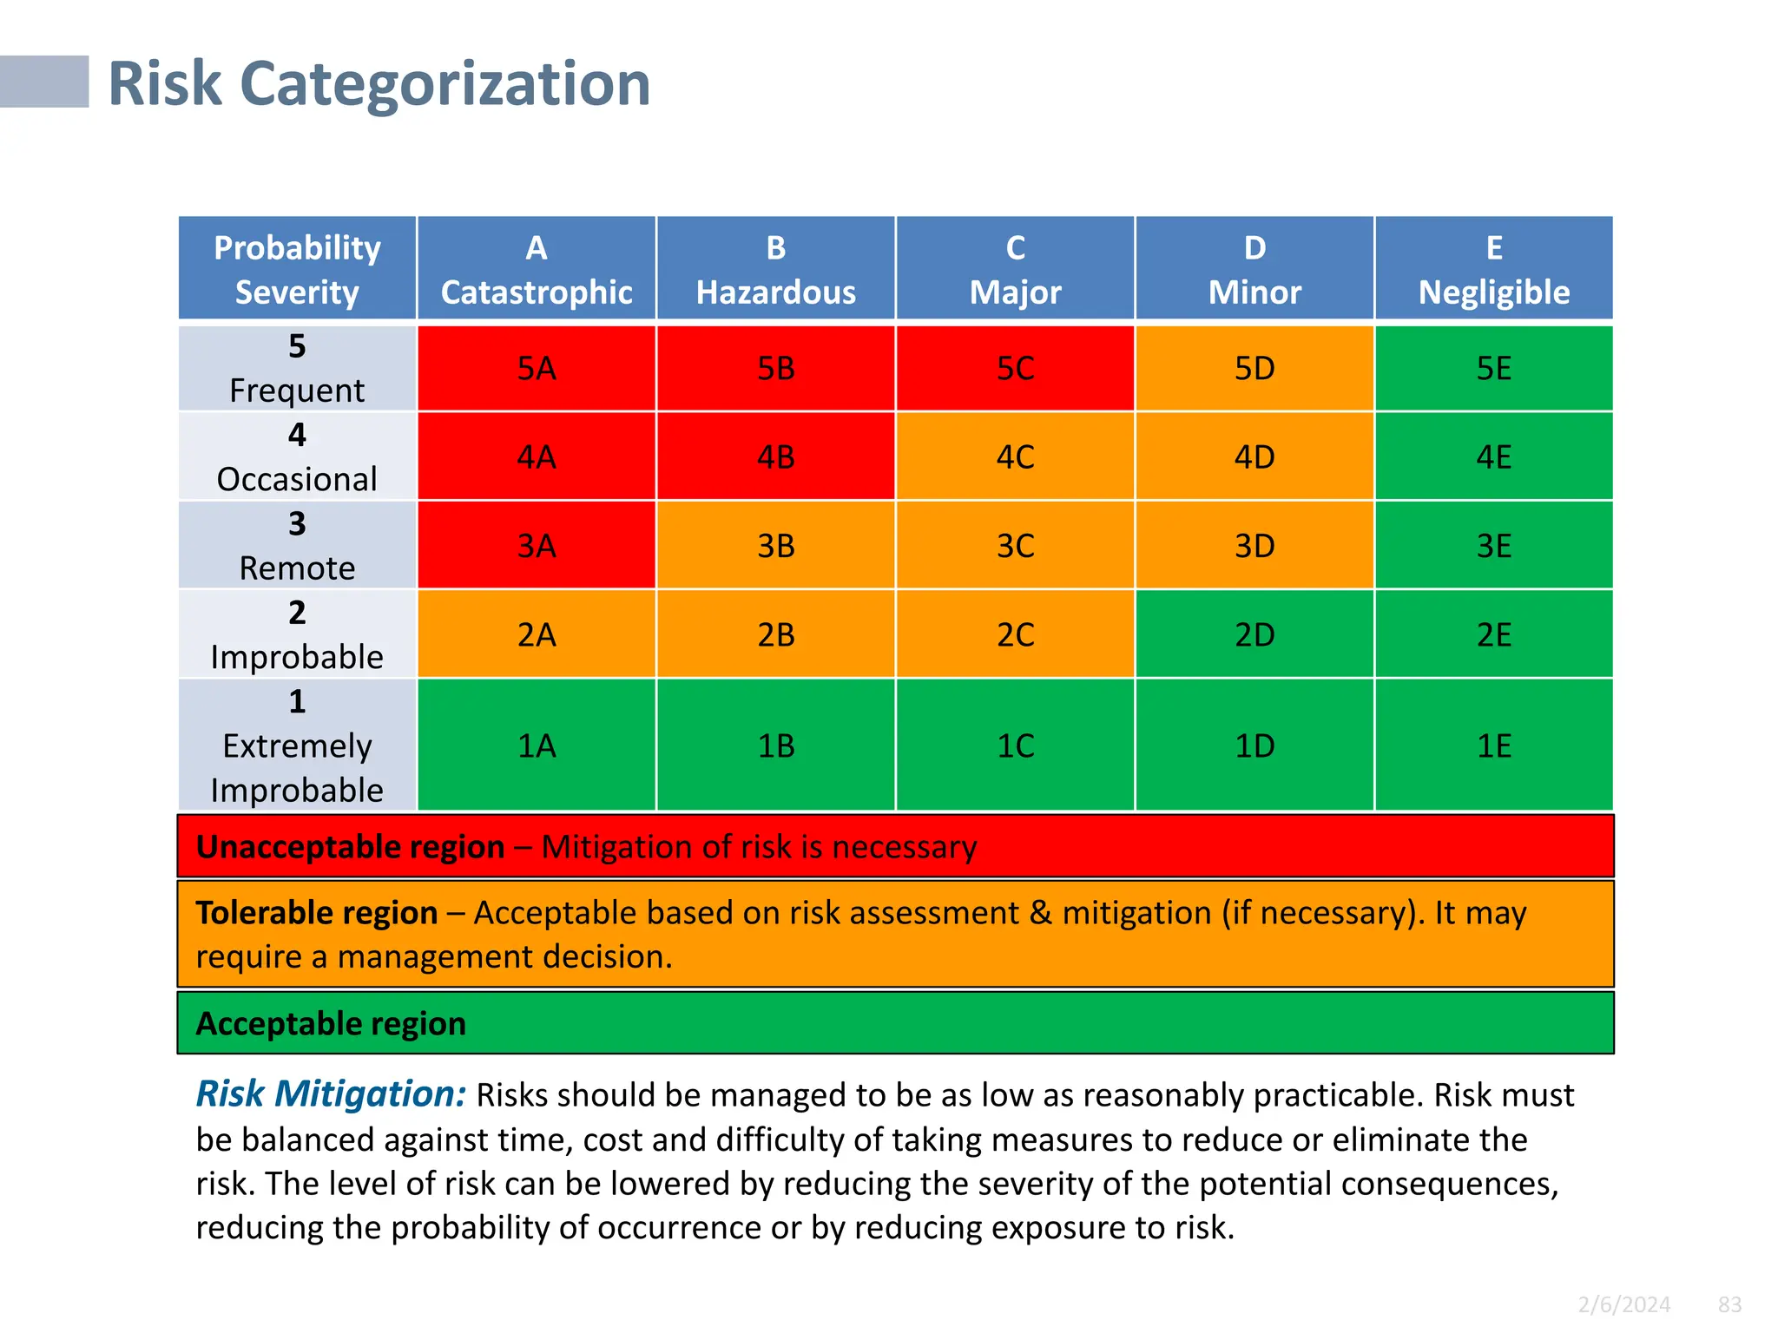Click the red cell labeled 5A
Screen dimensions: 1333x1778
pos(537,368)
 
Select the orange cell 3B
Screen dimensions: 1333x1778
pos(775,546)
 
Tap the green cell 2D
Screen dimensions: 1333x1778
pos(1254,634)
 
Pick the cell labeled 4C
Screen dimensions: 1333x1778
pos(1015,456)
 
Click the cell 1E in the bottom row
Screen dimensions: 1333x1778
pos(1493,745)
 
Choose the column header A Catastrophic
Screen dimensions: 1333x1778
pos(537,269)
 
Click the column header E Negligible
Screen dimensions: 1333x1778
pos(1493,269)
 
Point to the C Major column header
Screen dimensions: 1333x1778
pos(1015,269)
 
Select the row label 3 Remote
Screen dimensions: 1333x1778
pos(297,546)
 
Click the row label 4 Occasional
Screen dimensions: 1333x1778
pos(297,456)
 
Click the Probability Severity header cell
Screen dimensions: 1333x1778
pos(297,269)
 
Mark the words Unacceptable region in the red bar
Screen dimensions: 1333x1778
pos(350,847)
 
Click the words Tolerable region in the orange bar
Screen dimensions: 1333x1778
pos(317,913)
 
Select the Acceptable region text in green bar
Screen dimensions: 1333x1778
pos(331,1024)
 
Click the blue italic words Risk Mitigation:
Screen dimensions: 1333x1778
pos(331,1094)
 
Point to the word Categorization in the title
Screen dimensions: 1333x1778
pos(444,84)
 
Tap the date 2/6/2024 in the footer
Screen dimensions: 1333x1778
pos(1623,1304)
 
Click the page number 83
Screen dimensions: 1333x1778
pos(1729,1304)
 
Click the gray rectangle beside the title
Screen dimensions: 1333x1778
pos(43,82)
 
